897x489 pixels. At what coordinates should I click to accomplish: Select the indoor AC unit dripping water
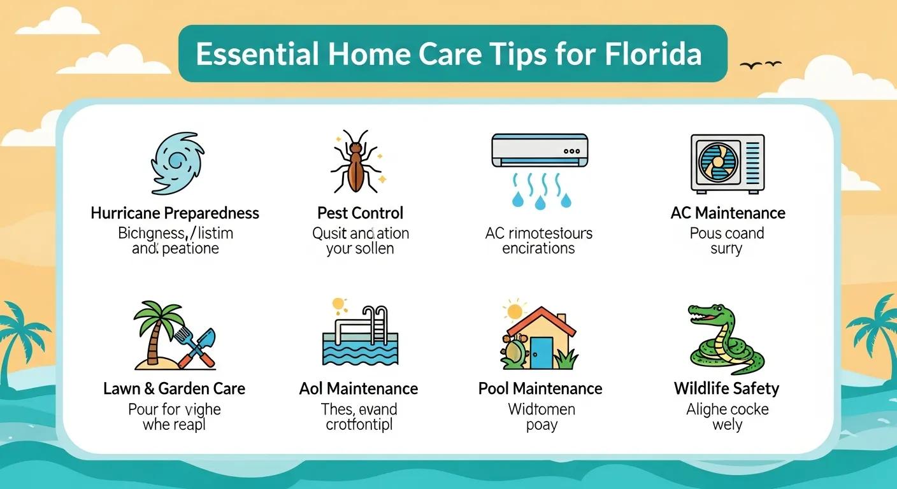click(x=539, y=151)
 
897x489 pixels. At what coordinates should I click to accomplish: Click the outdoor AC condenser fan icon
click(x=719, y=163)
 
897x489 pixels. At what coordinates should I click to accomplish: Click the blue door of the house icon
click(x=542, y=352)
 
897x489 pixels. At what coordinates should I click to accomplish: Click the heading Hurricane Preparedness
click(x=175, y=213)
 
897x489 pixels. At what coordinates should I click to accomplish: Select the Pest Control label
click(x=360, y=213)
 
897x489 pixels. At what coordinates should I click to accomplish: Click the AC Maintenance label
click(x=728, y=213)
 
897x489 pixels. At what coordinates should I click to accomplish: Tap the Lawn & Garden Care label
click(x=174, y=388)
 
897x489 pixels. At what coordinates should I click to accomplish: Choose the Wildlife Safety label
click(x=726, y=388)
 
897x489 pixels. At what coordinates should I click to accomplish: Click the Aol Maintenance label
click(x=359, y=388)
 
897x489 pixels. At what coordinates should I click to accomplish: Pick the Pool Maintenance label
click(x=540, y=388)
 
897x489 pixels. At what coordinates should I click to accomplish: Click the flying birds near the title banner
click(x=761, y=64)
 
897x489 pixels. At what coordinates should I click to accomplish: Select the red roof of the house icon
click(x=542, y=322)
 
